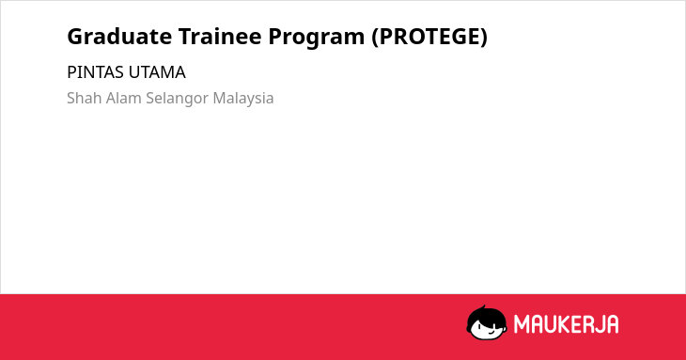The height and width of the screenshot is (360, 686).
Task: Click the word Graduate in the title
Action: [x=119, y=36]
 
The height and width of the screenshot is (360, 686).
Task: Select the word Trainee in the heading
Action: [x=220, y=36]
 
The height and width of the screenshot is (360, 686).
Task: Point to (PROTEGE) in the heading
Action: [x=429, y=37]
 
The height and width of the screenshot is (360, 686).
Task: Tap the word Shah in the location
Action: [x=85, y=98]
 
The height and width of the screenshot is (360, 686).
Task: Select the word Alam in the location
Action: [x=124, y=98]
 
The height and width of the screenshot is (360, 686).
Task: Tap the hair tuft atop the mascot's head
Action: [x=483, y=307]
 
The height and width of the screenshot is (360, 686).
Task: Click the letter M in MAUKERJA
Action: [x=521, y=324]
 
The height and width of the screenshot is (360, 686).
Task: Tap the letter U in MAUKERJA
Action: [x=551, y=324]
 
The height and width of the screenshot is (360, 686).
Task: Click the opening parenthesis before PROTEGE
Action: [x=375, y=38]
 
